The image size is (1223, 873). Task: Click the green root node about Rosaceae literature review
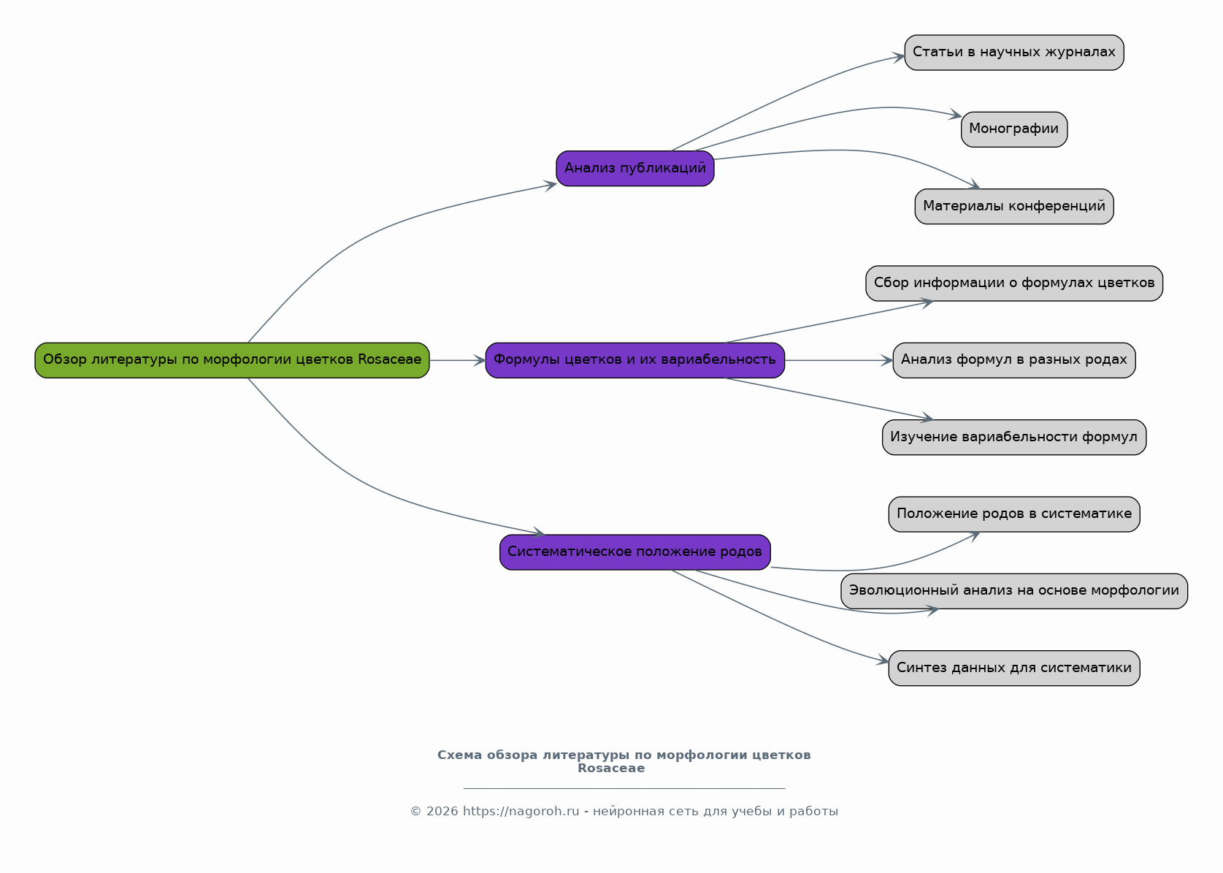(x=232, y=361)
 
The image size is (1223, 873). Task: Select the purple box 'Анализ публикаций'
(x=635, y=169)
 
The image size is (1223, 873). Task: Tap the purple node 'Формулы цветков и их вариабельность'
(x=635, y=361)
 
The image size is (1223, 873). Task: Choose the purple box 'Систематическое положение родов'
(x=635, y=552)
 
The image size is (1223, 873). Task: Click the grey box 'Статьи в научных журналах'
(x=1014, y=53)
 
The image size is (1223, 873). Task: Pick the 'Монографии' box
(x=1014, y=129)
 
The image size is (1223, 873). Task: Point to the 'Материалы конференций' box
(x=1014, y=207)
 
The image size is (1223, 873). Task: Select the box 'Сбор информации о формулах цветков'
(x=1014, y=283)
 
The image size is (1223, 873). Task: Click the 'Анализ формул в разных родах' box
(x=1014, y=361)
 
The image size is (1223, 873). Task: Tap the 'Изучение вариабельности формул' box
(x=1014, y=437)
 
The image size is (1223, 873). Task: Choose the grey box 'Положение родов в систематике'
(x=1014, y=514)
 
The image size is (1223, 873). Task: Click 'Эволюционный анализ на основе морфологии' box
(x=1014, y=591)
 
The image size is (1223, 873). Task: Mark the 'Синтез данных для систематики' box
(x=1014, y=668)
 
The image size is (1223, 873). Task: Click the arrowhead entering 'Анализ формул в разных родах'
(x=886, y=361)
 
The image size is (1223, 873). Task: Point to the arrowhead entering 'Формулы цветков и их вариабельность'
(x=480, y=361)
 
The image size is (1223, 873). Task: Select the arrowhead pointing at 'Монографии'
(x=955, y=115)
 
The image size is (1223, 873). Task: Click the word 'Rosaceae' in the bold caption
(x=611, y=769)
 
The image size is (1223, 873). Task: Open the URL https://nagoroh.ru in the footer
(x=521, y=812)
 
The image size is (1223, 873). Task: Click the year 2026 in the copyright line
(x=442, y=812)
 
